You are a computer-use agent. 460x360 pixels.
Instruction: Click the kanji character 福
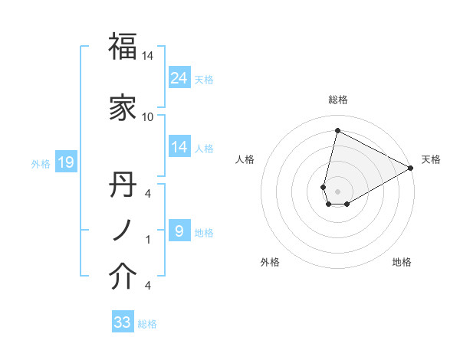[x=123, y=47]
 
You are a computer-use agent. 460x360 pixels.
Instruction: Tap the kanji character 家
[x=123, y=108]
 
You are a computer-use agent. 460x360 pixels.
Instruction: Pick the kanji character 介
[x=123, y=277]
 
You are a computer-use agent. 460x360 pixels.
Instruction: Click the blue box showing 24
[x=179, y=77]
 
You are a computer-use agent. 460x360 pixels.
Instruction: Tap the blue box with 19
[x=65, y=162]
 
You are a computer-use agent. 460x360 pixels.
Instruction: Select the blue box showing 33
[x=123, y=322]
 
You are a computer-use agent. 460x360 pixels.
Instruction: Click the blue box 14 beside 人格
[x=179, y=146]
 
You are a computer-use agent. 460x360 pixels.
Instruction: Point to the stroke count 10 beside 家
[x=147, y=117]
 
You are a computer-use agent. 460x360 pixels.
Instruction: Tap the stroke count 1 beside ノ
[x=148, y=240]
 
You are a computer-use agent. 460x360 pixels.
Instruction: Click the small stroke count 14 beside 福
[x=147, y=57]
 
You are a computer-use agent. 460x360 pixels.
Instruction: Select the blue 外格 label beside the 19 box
[x=41, y=163]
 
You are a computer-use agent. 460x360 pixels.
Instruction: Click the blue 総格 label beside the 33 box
[x=147, y=324]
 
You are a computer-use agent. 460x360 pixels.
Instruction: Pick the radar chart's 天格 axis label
[x=431, y=159]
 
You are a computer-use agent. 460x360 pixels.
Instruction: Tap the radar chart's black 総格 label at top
[x=337, y=100]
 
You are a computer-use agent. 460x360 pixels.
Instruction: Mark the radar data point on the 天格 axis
[x=411, y=168]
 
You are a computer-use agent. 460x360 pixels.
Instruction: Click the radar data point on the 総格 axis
[x=337, y=131]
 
